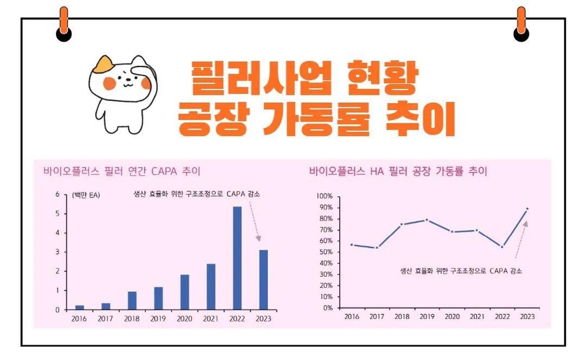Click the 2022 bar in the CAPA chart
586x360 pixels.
coord(237,258)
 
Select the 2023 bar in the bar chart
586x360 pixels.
coord(263,280)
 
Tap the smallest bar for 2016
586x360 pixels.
coord(80,307)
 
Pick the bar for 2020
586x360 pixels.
coord(184,292)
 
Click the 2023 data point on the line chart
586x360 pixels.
coord(527,209)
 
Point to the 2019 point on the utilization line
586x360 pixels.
coord(427,220)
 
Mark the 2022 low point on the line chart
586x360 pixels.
coord(502,247)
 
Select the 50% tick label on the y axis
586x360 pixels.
coord(327,252)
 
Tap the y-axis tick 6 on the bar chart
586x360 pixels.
coord(58,194)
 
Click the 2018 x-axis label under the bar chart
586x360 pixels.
coord(132,319)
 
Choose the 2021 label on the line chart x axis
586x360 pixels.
coord(477,317)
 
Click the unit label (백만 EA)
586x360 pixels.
coord(86,195)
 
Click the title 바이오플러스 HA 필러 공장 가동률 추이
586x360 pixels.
coord(398,171)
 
